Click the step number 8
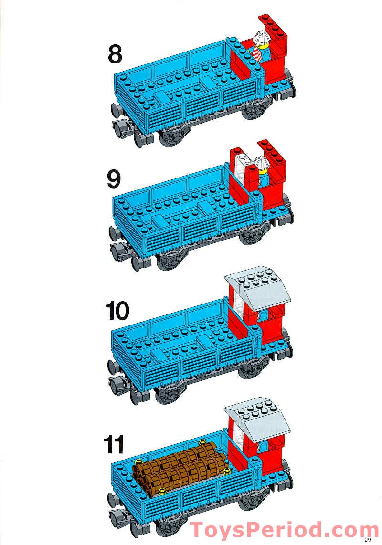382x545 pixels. pyautogui.click(x=115, y=53)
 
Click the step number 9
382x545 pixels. pyautogui.click(x=114, y=180)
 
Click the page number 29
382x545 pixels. pyautogui.click(x=367, y=540)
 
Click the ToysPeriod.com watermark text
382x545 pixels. pyautogui.click(x=285, y=530)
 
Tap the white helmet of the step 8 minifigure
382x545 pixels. pyautogui.click(x=261, y=37)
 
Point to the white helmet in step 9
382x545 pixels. pyautogui.click(x=261, y=164)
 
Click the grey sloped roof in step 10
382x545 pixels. pyautogui.click(x=256, y=286)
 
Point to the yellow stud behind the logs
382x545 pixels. pyautogui.click(x=202, y=442)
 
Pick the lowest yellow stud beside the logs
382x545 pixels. pyautogui.click(x=162, y=491)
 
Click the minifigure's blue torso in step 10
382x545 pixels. pyautogui.click(x=263, y=316)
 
